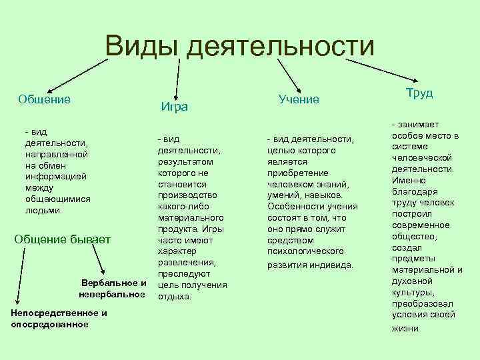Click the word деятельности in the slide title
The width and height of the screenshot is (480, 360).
281,47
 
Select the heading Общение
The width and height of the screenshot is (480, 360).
45,99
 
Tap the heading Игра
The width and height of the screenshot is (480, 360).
175,107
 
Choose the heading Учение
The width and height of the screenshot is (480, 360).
299,99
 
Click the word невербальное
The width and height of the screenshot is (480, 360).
112,294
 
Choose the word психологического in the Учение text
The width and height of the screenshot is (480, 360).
305,251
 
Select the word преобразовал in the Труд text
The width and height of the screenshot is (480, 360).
423,304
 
